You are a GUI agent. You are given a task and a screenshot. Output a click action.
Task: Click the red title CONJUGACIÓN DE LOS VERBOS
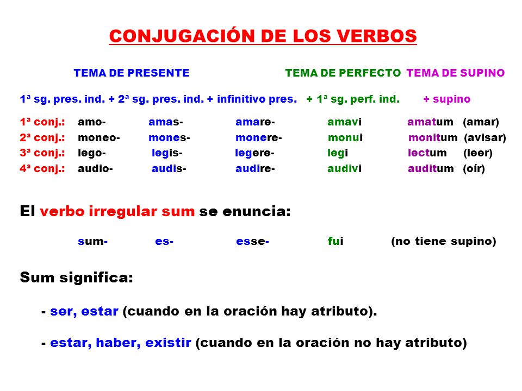(x=263, y=36)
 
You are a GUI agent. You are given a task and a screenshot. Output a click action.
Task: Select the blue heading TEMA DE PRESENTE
(x=132, y=73)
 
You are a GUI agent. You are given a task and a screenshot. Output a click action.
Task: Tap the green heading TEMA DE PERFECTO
(x=343, y=73)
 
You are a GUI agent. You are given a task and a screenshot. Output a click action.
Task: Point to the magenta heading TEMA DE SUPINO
(x=456, y=73)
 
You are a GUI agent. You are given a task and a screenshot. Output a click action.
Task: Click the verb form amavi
(x=344, y=122)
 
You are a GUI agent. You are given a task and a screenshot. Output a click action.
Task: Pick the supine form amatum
(x=430, y=122)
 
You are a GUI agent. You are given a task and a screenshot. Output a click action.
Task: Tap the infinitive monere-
(x=258, y=137)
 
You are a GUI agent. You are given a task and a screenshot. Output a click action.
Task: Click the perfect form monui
(x=345, y=137)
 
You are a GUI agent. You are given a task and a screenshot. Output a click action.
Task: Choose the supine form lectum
(x=427, y=153)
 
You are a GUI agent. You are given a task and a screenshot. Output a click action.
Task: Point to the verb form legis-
(x=167, y=153)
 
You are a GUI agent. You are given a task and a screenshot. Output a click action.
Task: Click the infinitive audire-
(x=255, y=169)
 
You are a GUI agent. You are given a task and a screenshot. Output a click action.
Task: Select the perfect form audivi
(x=344, y=169)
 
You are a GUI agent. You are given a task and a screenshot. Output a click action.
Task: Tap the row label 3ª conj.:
(x=42, y=153)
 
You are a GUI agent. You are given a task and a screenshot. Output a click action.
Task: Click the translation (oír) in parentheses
(x=474, y=169)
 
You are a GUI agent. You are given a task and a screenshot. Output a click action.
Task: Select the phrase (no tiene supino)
(x=443, y=242)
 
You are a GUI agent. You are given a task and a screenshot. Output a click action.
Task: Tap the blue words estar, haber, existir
(x=120, y=343)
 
